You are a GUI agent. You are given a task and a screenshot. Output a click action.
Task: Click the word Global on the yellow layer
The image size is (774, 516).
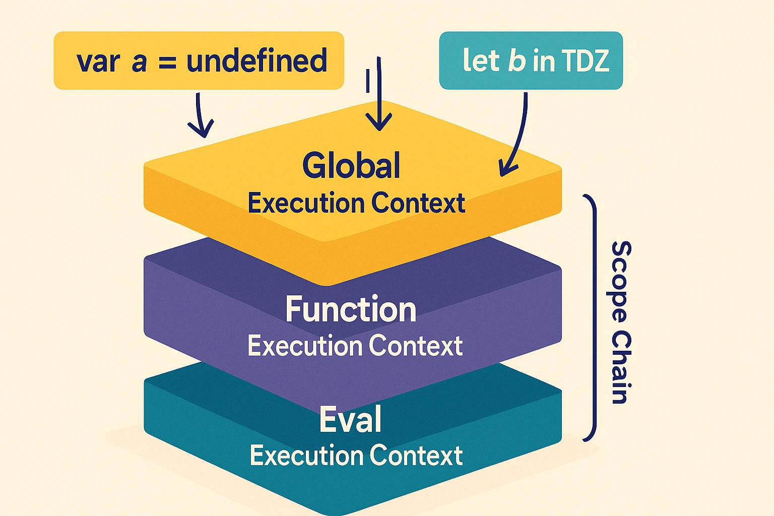pyautogui.click(x=351, y=165)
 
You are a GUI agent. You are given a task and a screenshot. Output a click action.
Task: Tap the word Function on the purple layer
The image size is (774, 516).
pyautogui.click(x=351, y=309)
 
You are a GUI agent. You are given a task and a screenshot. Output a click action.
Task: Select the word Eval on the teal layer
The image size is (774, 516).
pyautogui.click(x=350, y=419)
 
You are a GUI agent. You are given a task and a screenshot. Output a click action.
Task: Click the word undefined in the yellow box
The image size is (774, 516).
pyautogui.click(x=256, y=60)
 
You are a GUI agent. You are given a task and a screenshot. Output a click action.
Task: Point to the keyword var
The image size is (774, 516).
pyautogui.click(x=98, y=63)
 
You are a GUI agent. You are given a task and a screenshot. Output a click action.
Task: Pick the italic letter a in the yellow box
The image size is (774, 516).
pyautogui.click(x=139, y=63)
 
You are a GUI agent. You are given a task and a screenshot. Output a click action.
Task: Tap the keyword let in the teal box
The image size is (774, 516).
pyautogui.click(x=482, y=60)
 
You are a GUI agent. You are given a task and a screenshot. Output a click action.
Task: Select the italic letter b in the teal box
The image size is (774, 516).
pyautogui.click(x=517, y=60)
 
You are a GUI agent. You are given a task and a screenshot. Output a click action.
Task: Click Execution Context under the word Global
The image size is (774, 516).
pyautogui.click(x=356, y=203)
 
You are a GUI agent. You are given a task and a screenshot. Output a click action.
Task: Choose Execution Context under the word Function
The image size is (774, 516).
pyautogui.click(x=355, y=346)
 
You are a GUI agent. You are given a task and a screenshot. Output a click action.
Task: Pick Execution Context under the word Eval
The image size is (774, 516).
pyautogui.click(x=356, y=455)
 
